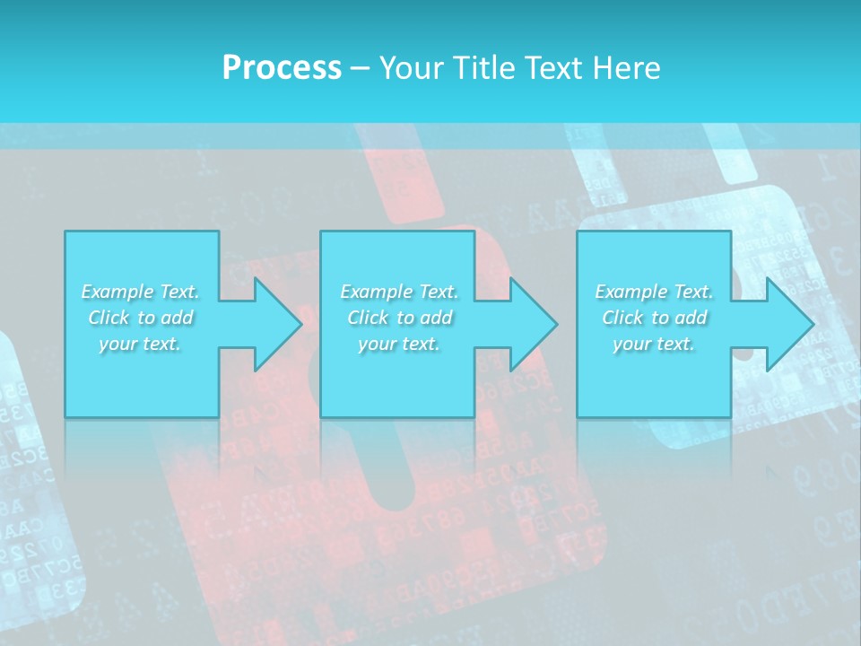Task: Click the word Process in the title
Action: pyautogui.click(x=282, y=67)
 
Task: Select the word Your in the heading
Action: pyautogui.click(x=408, y=67)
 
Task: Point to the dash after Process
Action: pyautogui.click(x=361, y=68)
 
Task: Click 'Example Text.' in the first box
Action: pyautogui.click(x=140, y=292)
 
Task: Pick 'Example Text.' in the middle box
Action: pyautogui.click(x=399, y=292)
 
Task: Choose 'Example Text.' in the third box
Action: pyautogui.click(x=654, y=292)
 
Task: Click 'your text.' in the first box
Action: pyautogui.click(x=140, y=344)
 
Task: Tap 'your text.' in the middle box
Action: pyautogui.click(x=399, y=344)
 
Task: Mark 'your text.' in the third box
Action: pyautogui.click(x=654, y=344)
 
